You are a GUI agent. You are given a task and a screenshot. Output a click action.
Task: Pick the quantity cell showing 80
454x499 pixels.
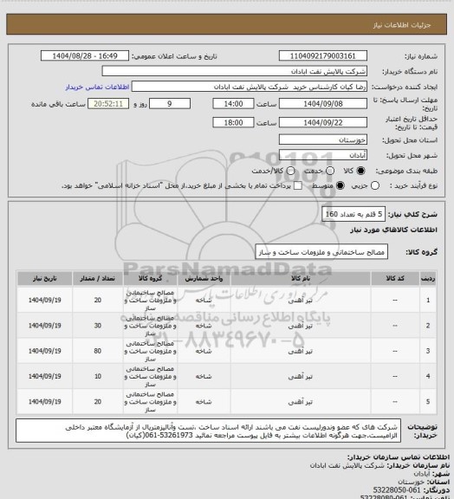point(96,351)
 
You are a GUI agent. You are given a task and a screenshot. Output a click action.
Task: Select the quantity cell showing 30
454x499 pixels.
point(96,325)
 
